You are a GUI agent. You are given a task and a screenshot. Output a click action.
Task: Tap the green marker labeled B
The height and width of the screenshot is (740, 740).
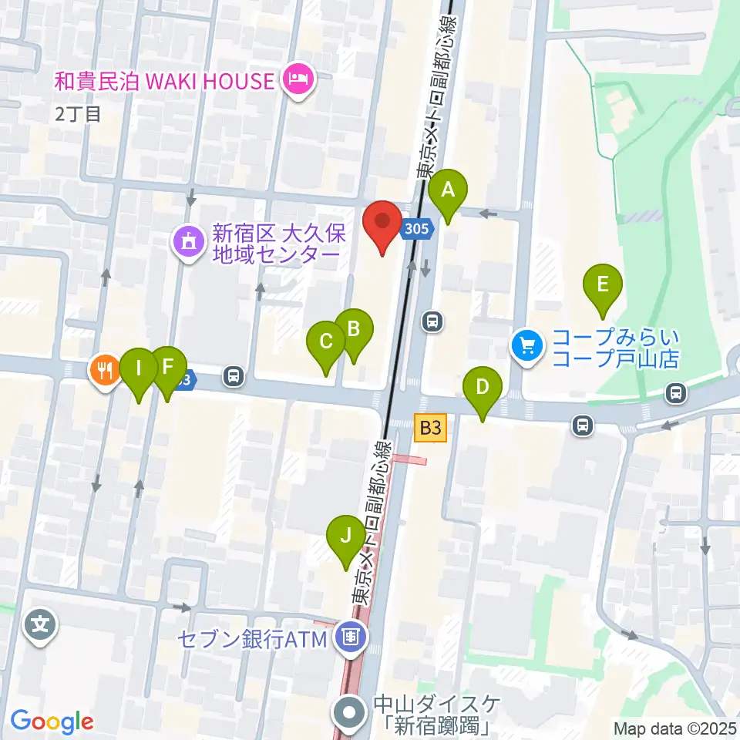point(354,329)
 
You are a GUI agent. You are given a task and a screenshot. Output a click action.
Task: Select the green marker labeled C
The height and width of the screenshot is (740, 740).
point(326,341)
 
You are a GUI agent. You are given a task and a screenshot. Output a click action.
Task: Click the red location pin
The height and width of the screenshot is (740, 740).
point(382,222)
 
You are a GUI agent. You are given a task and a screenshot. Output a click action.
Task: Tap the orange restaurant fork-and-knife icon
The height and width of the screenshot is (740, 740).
point(105,371)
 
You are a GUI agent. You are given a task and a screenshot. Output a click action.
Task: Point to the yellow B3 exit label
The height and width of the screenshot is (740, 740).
point(430,429)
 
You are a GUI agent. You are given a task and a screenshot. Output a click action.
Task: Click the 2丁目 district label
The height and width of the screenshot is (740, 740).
point(78,114)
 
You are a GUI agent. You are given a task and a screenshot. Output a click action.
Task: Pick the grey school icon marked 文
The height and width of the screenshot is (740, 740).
point(40,624)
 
